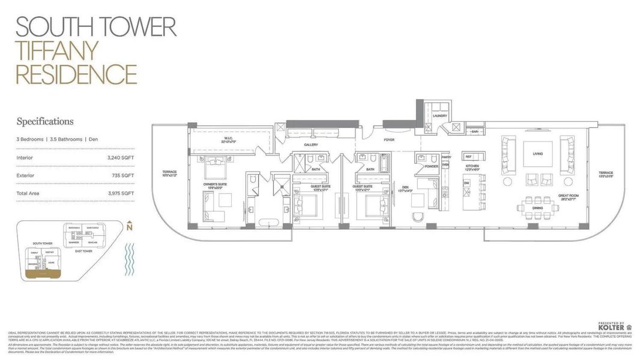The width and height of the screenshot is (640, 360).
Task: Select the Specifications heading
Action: (45, 121)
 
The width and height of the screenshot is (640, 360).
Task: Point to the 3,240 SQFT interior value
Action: (120, 158)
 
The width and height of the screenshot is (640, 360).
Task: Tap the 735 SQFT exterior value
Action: (122, 175)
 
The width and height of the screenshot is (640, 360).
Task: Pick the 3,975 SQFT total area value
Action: (120, 193)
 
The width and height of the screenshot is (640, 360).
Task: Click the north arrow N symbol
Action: (129, 226)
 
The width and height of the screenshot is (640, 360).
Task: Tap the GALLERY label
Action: (311, 145)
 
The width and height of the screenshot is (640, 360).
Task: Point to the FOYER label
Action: (390, 140)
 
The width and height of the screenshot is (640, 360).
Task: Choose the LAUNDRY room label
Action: (439, 115)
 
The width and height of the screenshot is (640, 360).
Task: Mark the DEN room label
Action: (405, 187)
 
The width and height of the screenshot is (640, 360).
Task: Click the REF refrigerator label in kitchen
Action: (468, 157)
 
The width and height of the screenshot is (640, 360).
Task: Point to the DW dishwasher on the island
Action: (466, 182)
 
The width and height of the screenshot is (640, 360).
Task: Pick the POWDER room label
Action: (430, 166)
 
